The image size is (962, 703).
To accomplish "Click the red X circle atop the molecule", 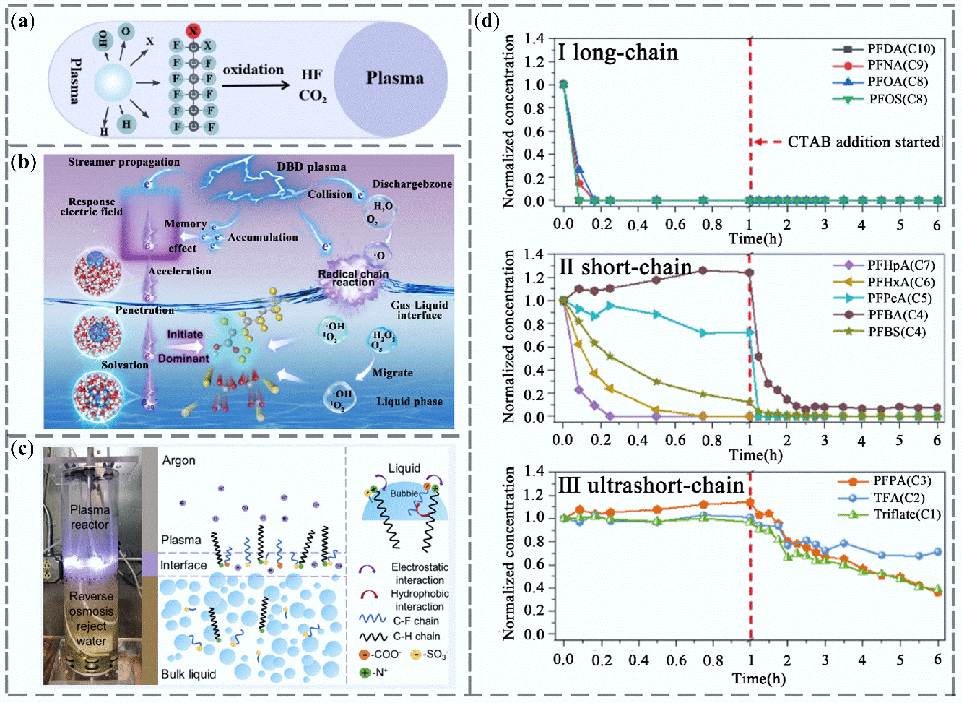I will click(x=193, y=31).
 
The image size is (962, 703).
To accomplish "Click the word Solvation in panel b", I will click(x=125, y=365).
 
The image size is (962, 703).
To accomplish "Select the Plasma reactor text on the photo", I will click(x=90, y=517).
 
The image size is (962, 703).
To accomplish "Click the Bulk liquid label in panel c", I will click(x=188, y=674).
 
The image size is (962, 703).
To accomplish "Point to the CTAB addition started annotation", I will click(x=863, y=142).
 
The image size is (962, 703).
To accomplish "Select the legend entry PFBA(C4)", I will click(x=897, y=315).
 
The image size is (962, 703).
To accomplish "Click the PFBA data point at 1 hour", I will click(x=750, y=272).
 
